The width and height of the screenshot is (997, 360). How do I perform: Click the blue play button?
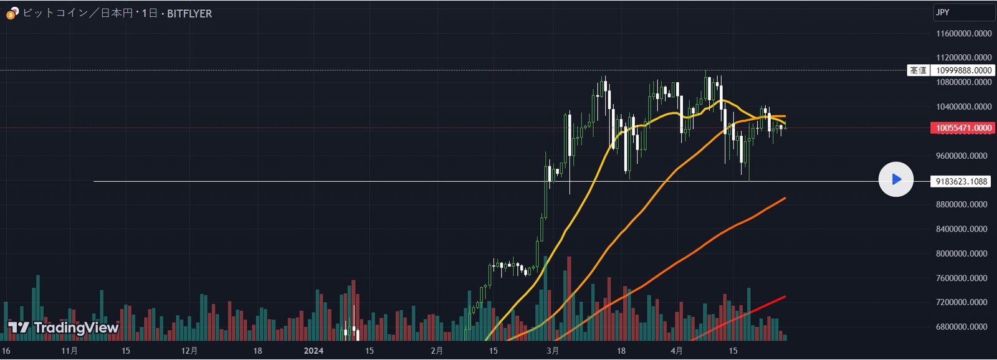click(896, 179)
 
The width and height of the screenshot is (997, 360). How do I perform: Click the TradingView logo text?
click(75, 328)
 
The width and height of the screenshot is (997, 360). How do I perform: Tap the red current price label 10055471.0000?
click(963, 128)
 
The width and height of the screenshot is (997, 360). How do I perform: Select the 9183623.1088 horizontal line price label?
click(961, 181)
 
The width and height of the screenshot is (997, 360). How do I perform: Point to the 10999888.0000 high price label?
click(963, 70)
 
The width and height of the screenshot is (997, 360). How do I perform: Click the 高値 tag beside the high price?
click(918, 70)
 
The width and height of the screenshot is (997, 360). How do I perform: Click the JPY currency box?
click(963, 12)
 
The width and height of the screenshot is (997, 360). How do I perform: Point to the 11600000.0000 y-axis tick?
click(963, 33)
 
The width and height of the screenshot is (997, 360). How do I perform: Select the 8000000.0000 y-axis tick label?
click(963, 253)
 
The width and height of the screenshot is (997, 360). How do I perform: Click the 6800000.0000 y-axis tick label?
click(963, 326)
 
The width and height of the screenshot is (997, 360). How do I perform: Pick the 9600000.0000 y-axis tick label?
click(963, 156)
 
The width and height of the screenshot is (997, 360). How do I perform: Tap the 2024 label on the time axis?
click(313, 351)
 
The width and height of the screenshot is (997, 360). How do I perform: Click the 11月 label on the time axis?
click(70, 351)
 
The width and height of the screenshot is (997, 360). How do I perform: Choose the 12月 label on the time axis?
click(189, 351)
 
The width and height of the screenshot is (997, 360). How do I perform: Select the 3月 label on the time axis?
click(553, 351)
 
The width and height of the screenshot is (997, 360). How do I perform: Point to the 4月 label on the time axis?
click(677, 351)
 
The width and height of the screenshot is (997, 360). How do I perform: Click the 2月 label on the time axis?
click(437, 351)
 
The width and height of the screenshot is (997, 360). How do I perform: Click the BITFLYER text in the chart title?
click(189, 13)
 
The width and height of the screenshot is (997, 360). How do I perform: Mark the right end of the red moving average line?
click(785, 296)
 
